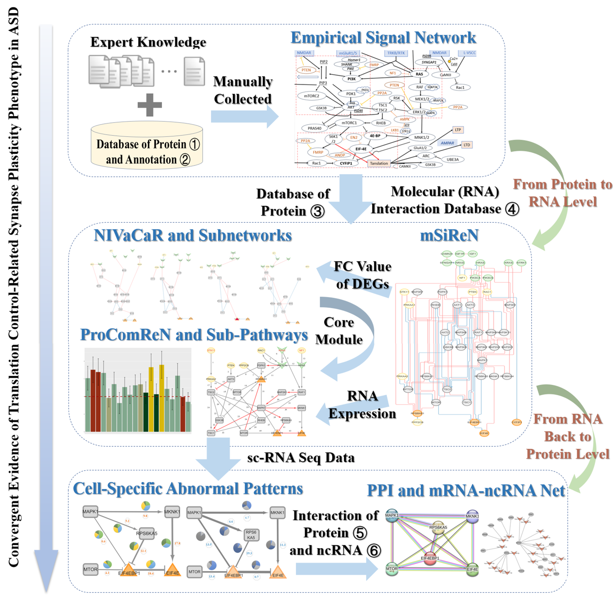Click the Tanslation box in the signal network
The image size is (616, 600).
point(379,163)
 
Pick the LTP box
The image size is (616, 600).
point(458,130)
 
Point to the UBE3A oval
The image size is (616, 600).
point(452,159)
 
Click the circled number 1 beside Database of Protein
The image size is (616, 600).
point(195,144)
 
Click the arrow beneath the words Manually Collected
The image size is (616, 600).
point(244,116)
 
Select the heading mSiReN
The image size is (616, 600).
point(449,235)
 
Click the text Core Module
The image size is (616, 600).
point(339,331)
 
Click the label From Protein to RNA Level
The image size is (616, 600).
point(562,193)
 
